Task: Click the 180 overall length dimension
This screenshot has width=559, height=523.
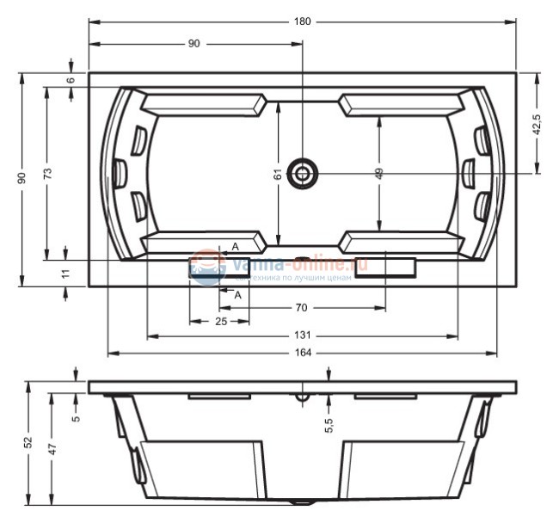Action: coord(302,21)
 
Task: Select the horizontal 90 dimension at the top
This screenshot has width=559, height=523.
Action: coord(193,44)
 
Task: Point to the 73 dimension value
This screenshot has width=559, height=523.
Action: coord(48,172)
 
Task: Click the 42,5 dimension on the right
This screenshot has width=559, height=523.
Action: coord(537,125)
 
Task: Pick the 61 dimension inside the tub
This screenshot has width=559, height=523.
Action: coord(278,173)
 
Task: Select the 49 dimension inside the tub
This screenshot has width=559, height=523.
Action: coord(379,173)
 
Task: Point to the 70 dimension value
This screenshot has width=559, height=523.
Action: coord(301,307)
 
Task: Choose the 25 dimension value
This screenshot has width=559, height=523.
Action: coord(220,321)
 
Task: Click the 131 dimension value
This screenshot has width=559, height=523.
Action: coord(301,336)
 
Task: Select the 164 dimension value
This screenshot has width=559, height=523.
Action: coord(301,353)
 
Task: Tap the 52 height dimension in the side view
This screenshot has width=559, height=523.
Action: coord(28,442)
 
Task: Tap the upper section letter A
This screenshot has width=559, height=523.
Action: coord(235,247)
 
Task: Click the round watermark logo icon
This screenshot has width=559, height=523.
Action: coord(207,268)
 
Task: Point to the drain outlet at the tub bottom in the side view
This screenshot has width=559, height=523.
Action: coord(302,501)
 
